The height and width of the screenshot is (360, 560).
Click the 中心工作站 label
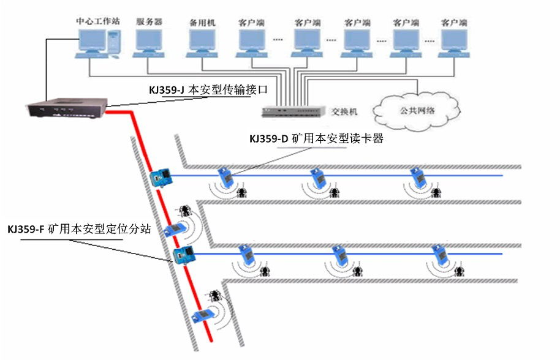97,21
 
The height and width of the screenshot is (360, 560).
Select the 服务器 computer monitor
149,41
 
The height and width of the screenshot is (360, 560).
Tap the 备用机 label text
202,23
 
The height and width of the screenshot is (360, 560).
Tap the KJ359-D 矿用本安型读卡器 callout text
316,139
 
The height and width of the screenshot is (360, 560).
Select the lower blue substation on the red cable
183,254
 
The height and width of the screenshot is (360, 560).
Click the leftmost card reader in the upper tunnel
226,177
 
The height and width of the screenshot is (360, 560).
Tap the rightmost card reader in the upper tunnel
418,177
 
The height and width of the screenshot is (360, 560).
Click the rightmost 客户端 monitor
454,41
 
